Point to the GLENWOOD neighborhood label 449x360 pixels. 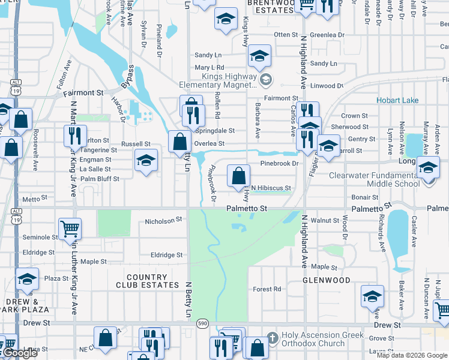point(327,280)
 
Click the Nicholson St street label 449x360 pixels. point(163,221)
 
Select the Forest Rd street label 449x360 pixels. point(267,289)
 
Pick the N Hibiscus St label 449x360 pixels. point(271,188)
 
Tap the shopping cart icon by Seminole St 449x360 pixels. point(70,229)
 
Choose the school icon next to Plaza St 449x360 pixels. point(26,280)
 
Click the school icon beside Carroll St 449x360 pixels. point(328,146)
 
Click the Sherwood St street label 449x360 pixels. point(350,127)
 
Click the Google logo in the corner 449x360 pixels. point(19,353)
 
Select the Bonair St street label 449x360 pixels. point(365,197)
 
